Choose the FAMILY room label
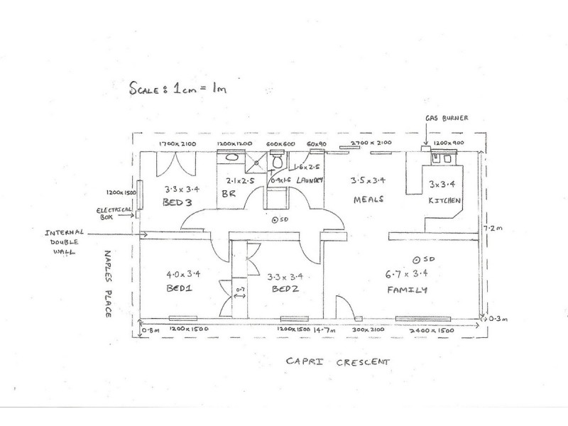[408, 290]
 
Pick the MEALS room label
[368, 200]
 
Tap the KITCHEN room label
[444, 201]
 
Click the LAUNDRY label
[310, 180]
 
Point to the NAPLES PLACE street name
[110, 283]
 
